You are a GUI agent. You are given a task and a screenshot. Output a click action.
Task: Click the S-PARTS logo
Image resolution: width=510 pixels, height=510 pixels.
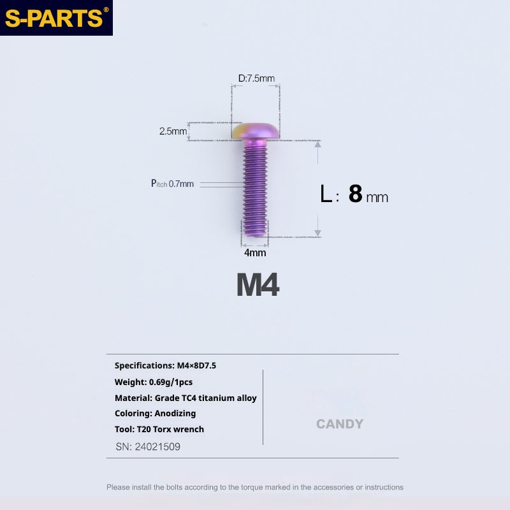56,18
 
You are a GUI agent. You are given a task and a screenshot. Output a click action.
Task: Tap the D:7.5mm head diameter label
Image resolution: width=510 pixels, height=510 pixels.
256,78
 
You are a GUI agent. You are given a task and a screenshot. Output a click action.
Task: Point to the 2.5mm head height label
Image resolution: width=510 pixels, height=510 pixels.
173,131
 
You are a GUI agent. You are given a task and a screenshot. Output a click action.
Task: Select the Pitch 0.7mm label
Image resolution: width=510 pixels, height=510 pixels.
172,184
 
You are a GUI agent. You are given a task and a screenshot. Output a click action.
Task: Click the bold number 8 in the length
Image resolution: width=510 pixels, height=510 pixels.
355,194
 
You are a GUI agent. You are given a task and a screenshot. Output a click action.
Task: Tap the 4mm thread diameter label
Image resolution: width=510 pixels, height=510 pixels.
255,252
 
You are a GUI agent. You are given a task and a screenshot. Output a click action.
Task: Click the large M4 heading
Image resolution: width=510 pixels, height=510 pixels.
258,285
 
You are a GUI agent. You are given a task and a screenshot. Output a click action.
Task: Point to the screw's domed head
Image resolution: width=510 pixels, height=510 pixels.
256,131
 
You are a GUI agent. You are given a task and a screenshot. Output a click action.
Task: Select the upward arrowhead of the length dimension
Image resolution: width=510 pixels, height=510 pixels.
317,144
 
